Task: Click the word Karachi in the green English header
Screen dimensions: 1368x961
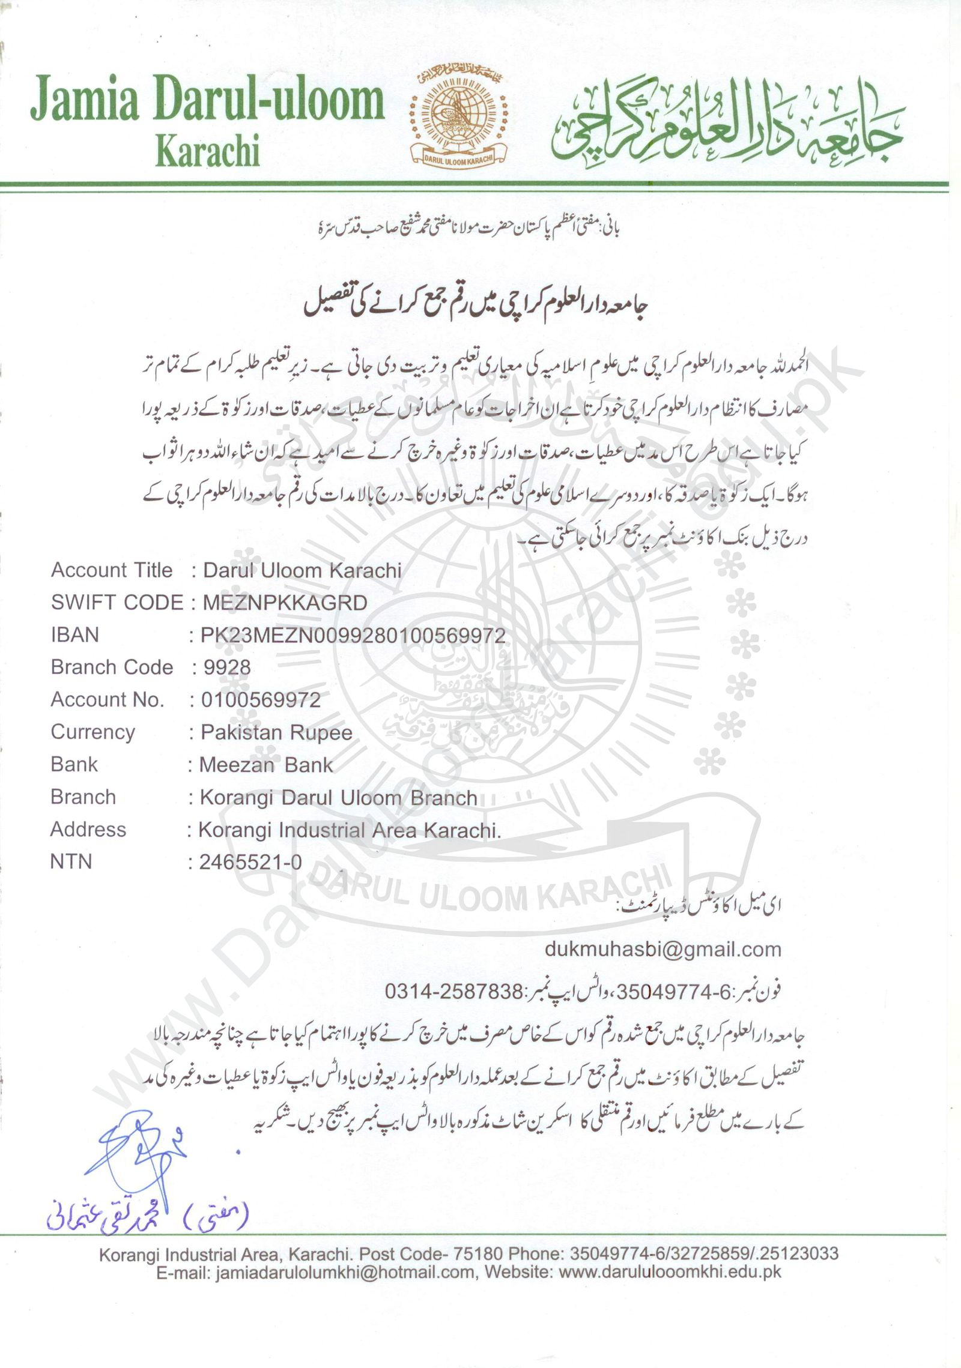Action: point(207,151)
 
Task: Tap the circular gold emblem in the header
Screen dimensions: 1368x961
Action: point(458,116)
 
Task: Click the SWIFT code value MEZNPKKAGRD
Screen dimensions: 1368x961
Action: point(285,603)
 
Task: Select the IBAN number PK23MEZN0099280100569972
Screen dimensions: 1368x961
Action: point(353,635)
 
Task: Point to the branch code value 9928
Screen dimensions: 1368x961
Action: point(227,667)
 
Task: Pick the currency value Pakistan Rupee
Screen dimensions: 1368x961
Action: point(276,732)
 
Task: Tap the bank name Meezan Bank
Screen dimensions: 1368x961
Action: point(265,765)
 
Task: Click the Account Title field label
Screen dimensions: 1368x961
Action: point(112,570)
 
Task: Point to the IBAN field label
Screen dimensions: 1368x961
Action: point(74,635)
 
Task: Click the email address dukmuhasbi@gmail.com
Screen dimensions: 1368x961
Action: point(662,949)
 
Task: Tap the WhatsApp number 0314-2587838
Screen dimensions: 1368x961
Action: point(453,991)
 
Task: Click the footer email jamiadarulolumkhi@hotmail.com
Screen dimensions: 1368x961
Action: point(345,1271)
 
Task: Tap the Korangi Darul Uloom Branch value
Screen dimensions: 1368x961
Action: point(338,797)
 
